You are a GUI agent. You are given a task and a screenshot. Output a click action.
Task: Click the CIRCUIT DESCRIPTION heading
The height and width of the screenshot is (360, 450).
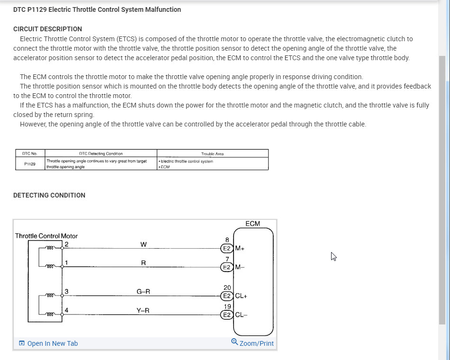tap(47, 29)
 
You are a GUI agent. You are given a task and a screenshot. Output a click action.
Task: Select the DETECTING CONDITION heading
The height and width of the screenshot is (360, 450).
tap(49, 195)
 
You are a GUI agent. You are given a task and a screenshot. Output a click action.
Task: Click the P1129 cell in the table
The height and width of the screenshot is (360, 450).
tap(29, 164)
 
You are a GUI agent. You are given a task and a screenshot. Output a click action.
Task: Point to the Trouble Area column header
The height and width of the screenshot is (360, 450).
tap(212, 153)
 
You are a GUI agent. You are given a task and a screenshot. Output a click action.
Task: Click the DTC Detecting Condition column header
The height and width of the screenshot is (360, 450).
tap(100, 153)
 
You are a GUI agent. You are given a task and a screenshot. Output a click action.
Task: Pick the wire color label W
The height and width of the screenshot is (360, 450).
tap(144, 244)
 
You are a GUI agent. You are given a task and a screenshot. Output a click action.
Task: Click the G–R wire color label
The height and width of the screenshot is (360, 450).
tap(144, 292)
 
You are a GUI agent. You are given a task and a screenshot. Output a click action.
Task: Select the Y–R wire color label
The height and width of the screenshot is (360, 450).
tap(144, 311)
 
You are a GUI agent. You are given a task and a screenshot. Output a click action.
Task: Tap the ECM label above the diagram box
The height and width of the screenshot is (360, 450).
tap(252, 224)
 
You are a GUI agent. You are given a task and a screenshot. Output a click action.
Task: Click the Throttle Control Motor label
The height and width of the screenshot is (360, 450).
tap(46, 236)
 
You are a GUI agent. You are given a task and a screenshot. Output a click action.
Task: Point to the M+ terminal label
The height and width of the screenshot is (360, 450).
tap(240, 248)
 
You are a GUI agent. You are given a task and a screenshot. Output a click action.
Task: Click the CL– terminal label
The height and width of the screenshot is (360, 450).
tap(241, 315)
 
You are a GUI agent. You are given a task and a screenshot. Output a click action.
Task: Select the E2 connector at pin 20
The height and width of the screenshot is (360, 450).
tap(227, 296)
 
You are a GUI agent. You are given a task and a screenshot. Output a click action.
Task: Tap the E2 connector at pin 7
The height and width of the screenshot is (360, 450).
tap(227, 267)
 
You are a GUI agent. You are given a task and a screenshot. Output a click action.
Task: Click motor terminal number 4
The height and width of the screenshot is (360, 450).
tap(66, 311)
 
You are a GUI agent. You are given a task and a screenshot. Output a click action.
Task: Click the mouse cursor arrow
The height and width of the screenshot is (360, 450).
tap(333, 256)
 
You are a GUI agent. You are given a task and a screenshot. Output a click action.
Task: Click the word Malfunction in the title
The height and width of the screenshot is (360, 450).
tap(162, 9)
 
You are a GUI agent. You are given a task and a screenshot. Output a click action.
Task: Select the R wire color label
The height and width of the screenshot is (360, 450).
tap(144, 263)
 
